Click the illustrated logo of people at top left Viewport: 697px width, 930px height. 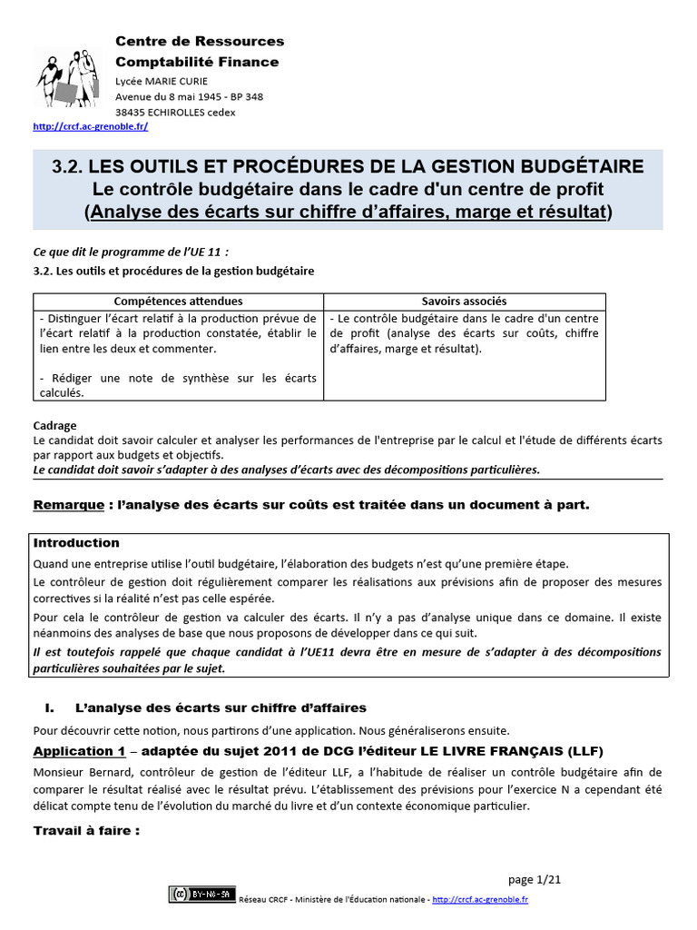click(65, 78)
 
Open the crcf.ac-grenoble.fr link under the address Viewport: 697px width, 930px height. click(90, 127)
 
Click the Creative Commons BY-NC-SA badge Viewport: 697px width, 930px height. click(201, 895)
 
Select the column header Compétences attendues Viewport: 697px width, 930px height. click(178, 301)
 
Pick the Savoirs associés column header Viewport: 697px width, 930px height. click(465, 301)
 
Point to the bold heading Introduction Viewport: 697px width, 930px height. click(76, 543)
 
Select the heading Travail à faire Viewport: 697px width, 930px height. click(86, 830)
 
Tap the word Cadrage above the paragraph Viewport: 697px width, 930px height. click(54, 425)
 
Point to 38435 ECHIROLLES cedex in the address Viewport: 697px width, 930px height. click(175, 112)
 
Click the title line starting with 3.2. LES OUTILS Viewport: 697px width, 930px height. click(348, 166)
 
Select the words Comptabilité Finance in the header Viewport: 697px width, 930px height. click(197, 62)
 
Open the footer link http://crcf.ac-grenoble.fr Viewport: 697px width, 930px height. click(480, 899)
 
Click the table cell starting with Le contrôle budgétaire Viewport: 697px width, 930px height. click(464, 333)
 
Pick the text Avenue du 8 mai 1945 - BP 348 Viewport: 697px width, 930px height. click(189, 96)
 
